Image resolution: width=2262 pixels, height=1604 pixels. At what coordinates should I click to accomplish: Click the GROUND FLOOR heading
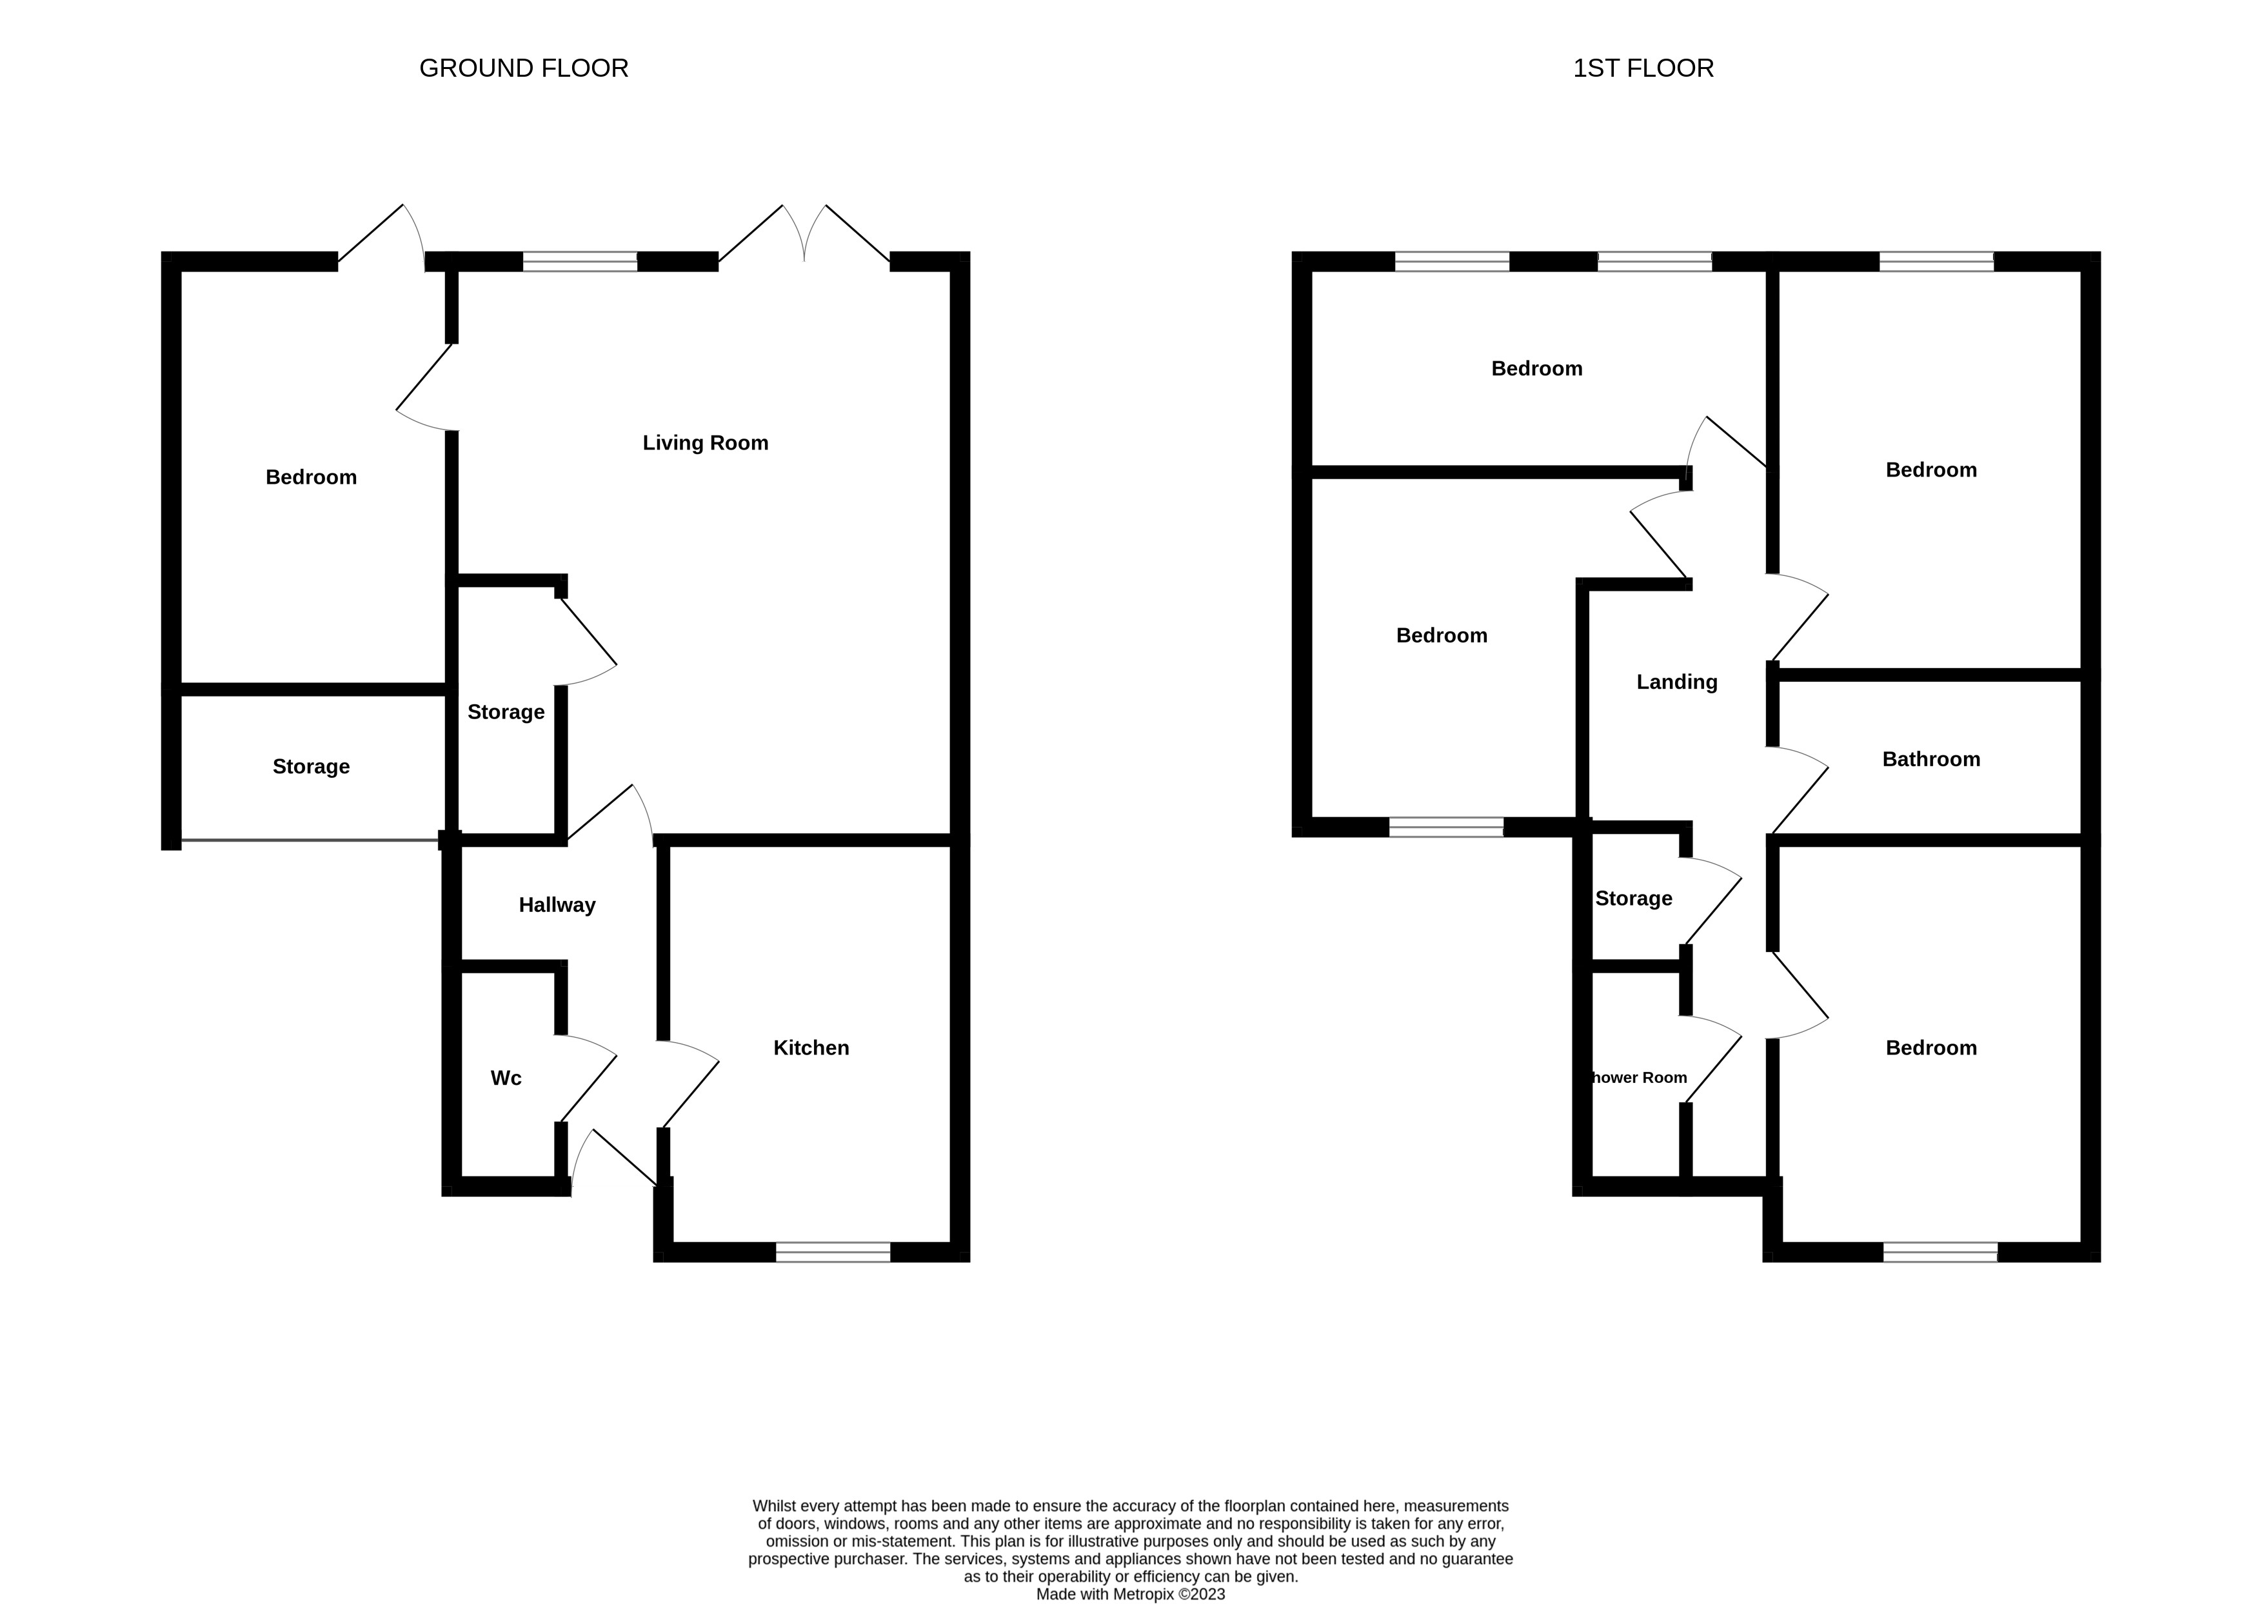pyautogui.click(x=524, y=68)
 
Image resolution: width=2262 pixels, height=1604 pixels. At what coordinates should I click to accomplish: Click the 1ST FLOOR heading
pyautogui.click(x=1643, y=68)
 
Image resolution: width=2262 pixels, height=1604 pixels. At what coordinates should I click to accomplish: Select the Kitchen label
pyautogui.click(x=811, y=1048)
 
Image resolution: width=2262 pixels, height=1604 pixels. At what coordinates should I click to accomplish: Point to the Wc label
pyautogui.click(x=506, y=1078)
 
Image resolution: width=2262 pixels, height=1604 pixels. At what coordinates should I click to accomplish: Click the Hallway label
pyautogui.click(x=557, y=906)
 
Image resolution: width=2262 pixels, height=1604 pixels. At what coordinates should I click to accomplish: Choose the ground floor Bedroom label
pyautogui.click(x=311, y=478)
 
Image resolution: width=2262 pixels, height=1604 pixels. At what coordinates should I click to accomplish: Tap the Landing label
pyautogui.click(x=1676, y=682)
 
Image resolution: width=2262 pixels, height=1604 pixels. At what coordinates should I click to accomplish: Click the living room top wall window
pyautogui.click(x=580, y=262)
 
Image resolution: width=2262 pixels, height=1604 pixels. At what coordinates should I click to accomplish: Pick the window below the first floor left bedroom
pyautogui.click(x=1446, y=827)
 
